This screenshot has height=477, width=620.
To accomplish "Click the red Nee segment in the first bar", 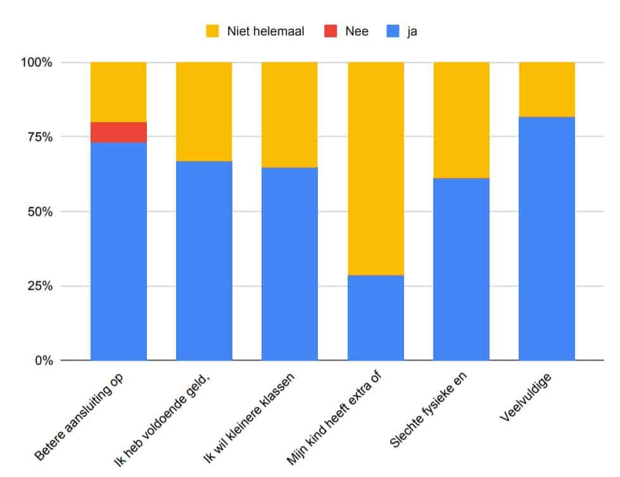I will [x=118, y=132].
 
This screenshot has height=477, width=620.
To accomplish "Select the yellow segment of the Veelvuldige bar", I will [x=547, y=89].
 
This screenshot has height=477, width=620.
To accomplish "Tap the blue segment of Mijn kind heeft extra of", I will [x=376, y=318].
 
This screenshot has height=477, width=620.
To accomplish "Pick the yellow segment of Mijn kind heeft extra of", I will [x=376, y=168].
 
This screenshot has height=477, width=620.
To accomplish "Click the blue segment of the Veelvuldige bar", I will [x=547, y=238].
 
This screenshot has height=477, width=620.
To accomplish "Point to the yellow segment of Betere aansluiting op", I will [x=118, y=92].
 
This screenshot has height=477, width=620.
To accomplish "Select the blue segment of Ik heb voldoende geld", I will [x=204, y=261].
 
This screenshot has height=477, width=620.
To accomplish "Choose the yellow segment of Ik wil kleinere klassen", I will [x=289, y=115].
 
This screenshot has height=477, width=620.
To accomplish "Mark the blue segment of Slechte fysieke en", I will [x=461, y=269].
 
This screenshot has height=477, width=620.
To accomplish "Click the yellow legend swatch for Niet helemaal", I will [x=213, y=30].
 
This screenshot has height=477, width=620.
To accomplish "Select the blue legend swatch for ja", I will [x=393, y=30].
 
